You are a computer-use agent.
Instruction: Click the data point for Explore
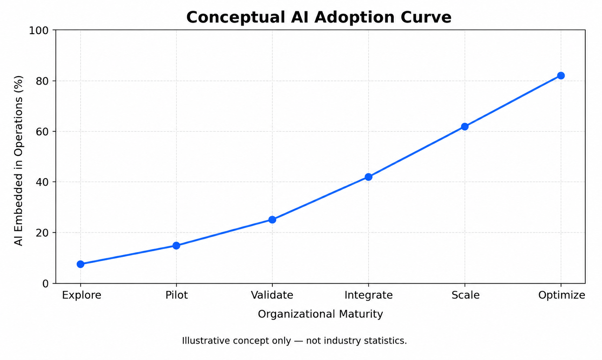tap(81, 264)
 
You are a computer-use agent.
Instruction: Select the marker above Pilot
tap(176, 246)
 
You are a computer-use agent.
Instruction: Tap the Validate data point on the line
tap(272, 220)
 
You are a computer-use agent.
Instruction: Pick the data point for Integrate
tap(369, 177)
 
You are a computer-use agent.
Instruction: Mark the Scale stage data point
tap(465, 127)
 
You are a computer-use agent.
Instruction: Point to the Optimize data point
tap(561, 76)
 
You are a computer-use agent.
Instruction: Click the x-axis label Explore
tap(82, 295)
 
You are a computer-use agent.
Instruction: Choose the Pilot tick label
tap(177, 295)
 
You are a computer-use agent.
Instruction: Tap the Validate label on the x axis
tap(272, 295)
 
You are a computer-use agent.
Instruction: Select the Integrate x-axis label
tap(369, 295)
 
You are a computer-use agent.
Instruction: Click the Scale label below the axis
tap(465, 295)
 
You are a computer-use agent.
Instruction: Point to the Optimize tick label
tap(562, 295)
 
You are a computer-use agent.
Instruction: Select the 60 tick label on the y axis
tap(42, 132)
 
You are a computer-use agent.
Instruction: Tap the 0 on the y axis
tap(46, 284)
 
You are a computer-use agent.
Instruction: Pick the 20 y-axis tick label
tap(42, 233)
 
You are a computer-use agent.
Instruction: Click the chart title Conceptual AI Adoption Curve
tap(319, 17)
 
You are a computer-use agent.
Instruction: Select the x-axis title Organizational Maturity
tap(320, 314)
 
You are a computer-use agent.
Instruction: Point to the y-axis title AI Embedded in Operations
tap(18, 161)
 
